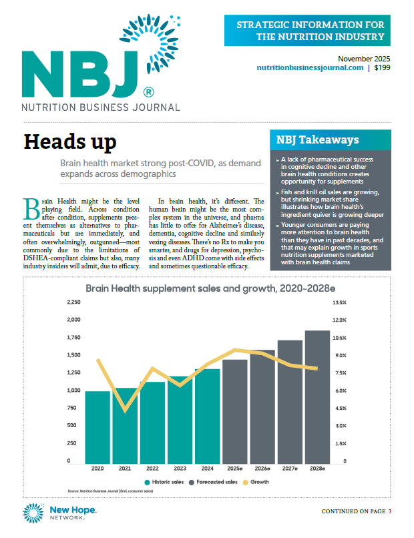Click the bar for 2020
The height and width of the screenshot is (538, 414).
(97, 427)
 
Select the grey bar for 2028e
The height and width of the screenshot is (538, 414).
(318, 397)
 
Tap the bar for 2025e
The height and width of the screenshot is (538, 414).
(235, 412)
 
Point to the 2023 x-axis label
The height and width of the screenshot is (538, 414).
(180, 469)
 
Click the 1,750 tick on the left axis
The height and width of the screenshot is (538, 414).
(74, 337)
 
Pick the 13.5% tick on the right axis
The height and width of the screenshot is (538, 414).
(339, 302)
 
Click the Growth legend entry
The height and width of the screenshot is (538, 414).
(256, 482)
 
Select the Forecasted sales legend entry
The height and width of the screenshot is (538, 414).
(213, 482)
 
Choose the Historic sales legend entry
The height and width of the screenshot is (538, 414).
(164, 482)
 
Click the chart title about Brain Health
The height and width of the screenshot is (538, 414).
(210, 288)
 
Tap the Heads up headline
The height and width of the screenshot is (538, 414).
(70, 142)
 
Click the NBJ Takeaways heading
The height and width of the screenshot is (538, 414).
(318, 140)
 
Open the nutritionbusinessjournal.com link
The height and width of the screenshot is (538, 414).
(310, 67)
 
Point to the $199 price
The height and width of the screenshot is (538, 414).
(382, 67)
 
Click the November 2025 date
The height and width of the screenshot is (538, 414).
(364, 59)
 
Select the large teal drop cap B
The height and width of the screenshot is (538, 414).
(31, 209)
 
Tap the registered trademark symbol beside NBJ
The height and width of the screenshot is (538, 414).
(148, 92)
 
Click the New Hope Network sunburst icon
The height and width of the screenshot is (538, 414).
(33, 513)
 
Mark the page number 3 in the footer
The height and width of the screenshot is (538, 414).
(389, 511)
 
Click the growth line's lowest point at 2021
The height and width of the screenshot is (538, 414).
(125, 411)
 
